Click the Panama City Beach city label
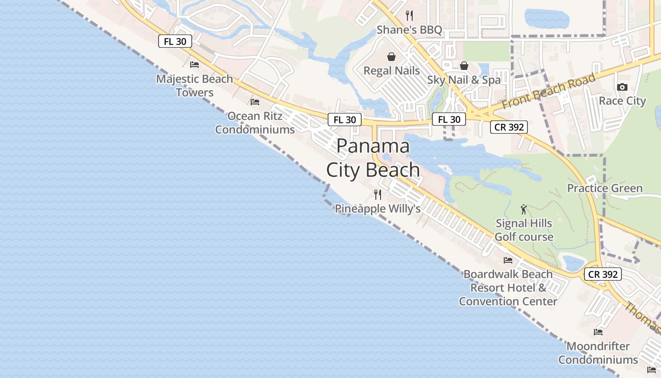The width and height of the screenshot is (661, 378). (373, 158)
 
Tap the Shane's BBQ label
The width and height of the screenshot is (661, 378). (409, 30)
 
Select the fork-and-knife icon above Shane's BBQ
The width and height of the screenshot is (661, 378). (409, 16)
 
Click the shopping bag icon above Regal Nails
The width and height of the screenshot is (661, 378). (391, 57)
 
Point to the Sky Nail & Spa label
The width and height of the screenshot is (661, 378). (464, 80)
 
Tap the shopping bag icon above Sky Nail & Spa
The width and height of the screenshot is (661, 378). (464, 66)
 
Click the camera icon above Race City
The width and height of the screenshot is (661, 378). (622, 87)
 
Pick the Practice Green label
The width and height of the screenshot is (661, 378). (605, 188)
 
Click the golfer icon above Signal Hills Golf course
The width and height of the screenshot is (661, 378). (524, 209)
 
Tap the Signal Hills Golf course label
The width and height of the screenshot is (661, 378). (524, 230)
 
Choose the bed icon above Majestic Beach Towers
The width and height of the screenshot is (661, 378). (195, 65)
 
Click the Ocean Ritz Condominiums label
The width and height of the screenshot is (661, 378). (255, 122)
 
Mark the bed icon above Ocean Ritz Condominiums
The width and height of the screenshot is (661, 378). (255, 102)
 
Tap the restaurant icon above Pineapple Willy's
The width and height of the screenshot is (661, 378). (378, 194)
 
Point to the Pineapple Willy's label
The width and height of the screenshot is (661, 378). (378, 208)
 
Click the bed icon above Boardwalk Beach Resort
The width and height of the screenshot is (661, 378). (508, 260)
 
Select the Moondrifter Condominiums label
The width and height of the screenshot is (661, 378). (598, 352)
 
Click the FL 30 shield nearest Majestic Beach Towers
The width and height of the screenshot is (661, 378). (175, 41)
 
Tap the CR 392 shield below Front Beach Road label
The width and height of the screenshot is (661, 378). (508, 127)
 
